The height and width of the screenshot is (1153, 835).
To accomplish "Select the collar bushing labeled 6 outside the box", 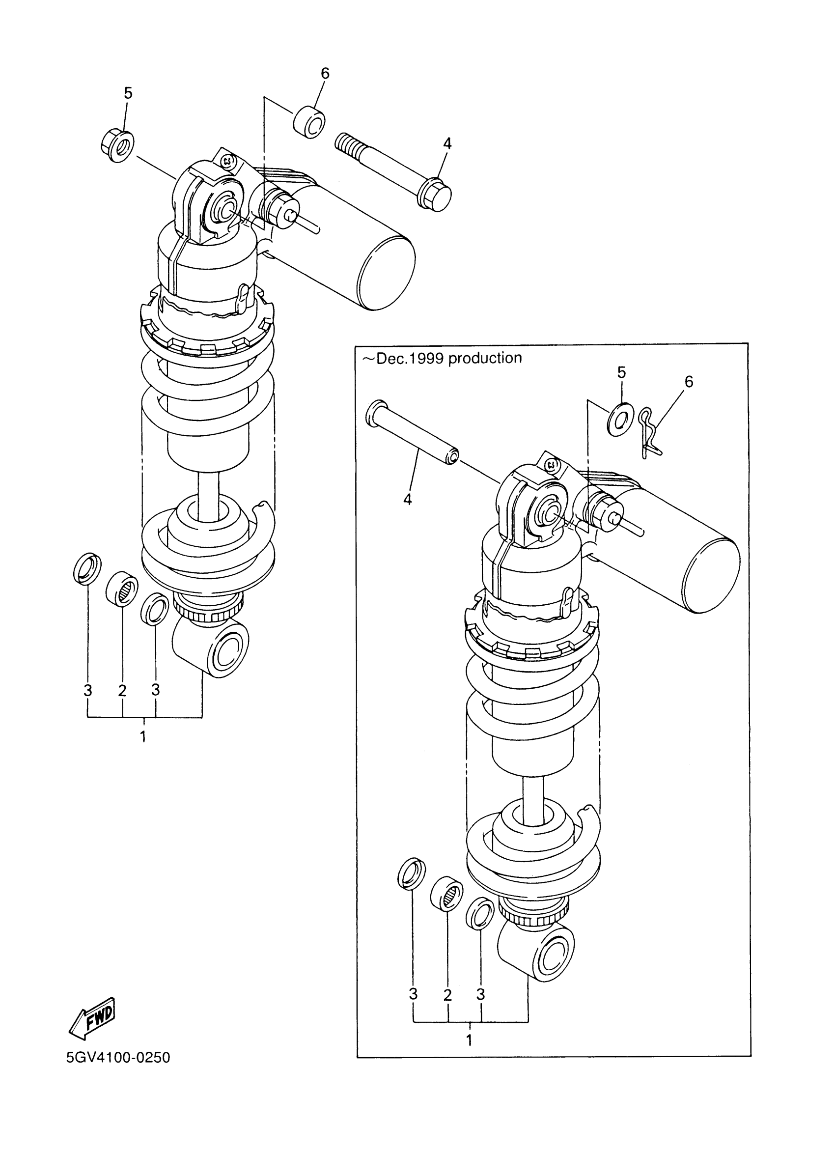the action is pyautogui.click(x=309, y=122).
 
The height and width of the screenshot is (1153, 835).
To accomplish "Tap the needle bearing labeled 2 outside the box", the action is pyautogui.click(x=122, y=589).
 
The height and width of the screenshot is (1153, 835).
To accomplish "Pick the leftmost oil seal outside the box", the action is pyautogui.click(x=87, y=567).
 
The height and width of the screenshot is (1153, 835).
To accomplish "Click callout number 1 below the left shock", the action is pyautogui.click(x=143, y=736).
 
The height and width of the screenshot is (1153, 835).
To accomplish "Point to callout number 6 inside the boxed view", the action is pyautogui.click(x=689, y=381).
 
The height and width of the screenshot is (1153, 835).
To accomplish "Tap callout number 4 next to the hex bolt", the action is pyautogui.click(x=447, y=144).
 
